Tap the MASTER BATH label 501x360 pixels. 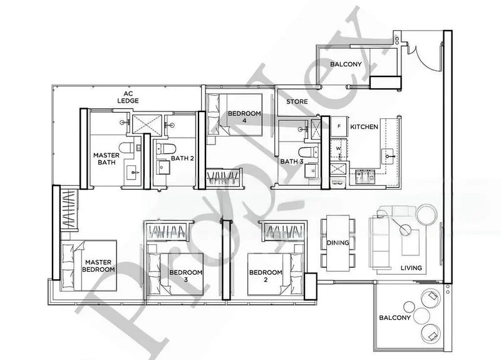point(106,159)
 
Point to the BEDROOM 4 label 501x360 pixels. point(244,117)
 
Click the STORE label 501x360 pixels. point(297,101)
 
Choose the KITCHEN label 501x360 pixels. point(364,127)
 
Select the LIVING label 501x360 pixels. point(411,268)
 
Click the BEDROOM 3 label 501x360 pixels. point(185,277)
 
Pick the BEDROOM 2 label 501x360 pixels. point(265,276)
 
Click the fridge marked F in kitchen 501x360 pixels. point(339,126)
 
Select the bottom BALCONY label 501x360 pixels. point(395,318)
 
